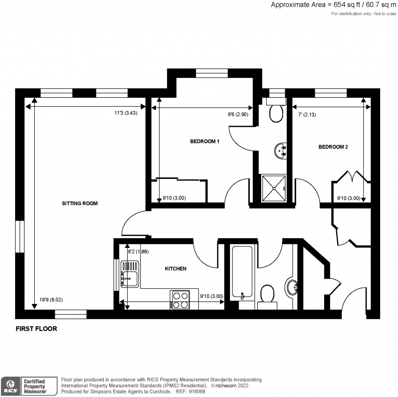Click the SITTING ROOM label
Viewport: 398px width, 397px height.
click(x=80, y=203)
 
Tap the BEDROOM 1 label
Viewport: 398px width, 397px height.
click(x=205, y=142)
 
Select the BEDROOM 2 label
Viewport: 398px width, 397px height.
click(x=333, y=147)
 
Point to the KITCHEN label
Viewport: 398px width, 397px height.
click(x=176, y=269)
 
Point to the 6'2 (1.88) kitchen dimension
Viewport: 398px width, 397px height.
click(x=139, y=251)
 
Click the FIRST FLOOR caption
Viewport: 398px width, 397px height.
click(x=36, y=329)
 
